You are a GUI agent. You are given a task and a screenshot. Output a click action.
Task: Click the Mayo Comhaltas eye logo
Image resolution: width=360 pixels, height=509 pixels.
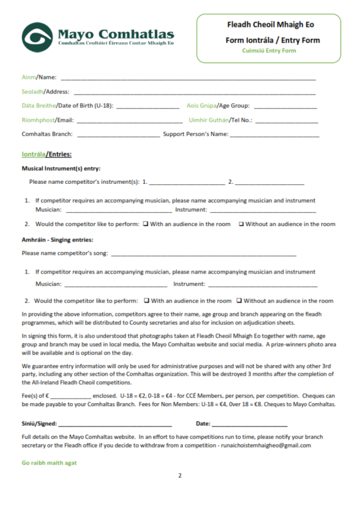click(37, 37)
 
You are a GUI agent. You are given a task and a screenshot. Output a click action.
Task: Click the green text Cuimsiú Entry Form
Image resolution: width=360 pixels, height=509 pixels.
click(269, 51)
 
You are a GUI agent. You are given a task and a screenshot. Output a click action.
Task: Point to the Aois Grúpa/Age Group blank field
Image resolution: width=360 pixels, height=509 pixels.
click(285, 107)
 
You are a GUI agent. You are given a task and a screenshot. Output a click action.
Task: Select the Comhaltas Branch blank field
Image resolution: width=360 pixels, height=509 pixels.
click(118, 136)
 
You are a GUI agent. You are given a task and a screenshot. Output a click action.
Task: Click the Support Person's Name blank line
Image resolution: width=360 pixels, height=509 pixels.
click(274, 136)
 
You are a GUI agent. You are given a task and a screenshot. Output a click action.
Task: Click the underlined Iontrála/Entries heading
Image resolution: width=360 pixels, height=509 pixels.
click(47, 155)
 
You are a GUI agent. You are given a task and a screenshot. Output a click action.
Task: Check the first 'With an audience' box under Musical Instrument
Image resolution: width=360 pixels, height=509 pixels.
click(146, 224)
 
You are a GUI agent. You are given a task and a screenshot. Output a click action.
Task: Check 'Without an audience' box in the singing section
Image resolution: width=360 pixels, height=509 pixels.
click(239, 301)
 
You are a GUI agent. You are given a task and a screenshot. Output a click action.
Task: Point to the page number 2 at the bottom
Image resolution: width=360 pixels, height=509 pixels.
click(180, 476)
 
